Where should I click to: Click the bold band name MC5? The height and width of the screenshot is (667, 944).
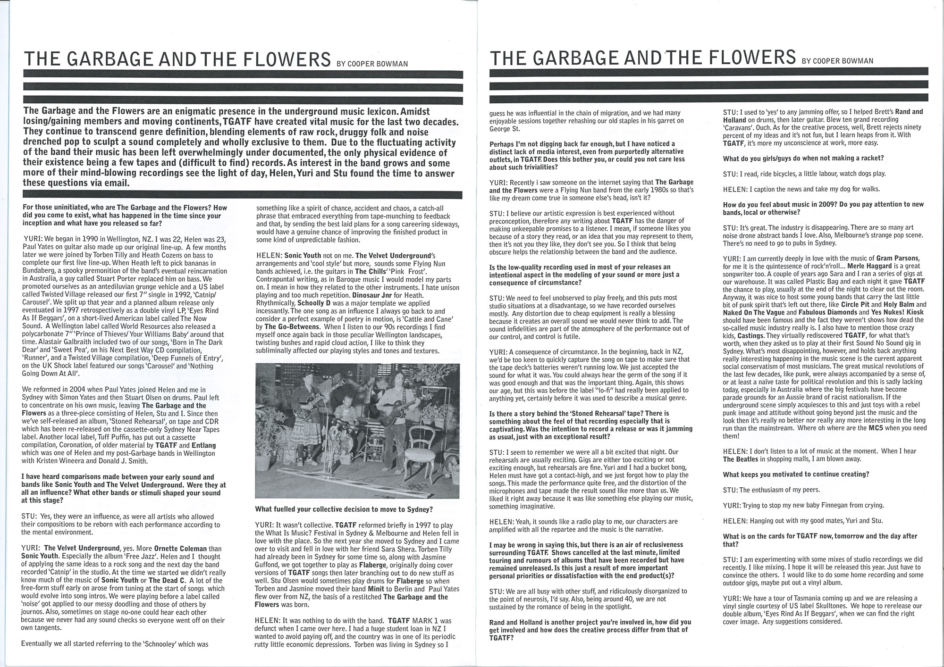(x=900, y=428)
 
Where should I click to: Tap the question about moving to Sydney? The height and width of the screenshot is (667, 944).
(x=344, y=509)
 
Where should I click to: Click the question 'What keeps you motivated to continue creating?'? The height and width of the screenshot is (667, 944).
(x=796, y=474)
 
